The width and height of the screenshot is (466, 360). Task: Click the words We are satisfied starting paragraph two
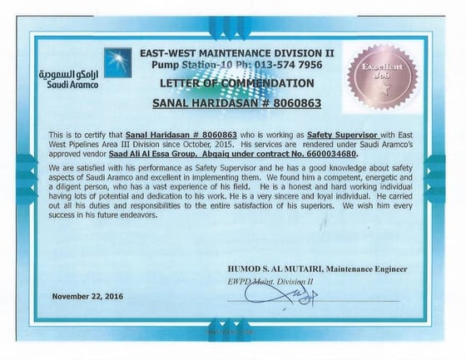[79, 166]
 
